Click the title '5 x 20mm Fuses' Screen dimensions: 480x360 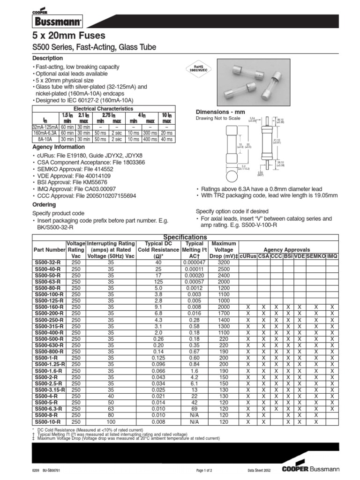tap(68, 36)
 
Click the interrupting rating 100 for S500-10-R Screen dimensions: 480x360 tap(111, 422)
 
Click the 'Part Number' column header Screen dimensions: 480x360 tap(49, 250)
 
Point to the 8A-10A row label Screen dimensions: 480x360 tap(45, 139)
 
